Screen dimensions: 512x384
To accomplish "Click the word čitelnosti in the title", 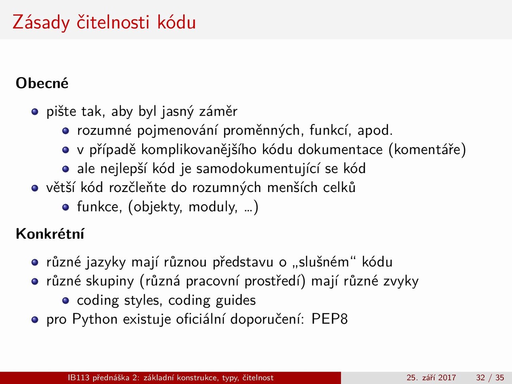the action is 113,22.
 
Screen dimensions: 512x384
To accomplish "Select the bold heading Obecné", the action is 42,83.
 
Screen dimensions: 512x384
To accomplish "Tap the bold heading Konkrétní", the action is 50,233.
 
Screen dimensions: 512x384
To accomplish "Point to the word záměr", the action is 218,112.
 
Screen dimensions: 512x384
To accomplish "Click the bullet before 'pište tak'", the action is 35,112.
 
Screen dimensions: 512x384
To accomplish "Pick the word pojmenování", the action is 177,130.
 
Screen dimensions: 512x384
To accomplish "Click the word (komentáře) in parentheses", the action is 427,150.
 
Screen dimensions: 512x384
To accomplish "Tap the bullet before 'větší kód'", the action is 35,188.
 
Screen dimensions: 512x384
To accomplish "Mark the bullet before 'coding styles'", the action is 66,300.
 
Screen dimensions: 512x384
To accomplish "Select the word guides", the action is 236,300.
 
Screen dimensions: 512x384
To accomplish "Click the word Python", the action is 95,319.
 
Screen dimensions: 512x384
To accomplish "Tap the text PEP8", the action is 330,319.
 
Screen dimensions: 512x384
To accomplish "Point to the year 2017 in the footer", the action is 447,378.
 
